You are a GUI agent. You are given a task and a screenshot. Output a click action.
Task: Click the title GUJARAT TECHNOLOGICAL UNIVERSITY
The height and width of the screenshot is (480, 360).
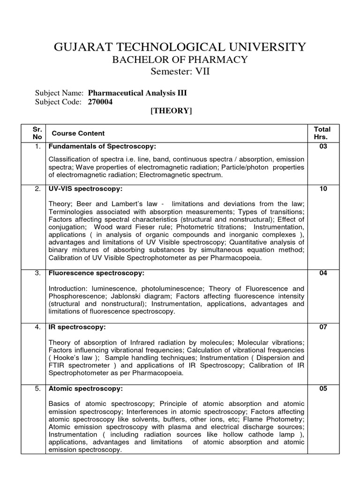coord(180,47)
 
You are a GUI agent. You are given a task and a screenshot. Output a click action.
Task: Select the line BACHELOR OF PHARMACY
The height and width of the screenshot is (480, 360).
coord(180,60)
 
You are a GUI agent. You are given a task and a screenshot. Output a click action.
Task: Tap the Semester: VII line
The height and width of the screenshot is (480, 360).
coord(180,71)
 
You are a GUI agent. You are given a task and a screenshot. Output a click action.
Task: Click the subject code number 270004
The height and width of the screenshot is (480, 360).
coord(100,102)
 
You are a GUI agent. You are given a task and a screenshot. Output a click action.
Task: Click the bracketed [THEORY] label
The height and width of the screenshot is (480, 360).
coord(171,111)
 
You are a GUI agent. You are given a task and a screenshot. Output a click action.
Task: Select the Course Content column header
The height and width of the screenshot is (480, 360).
coord(78,134)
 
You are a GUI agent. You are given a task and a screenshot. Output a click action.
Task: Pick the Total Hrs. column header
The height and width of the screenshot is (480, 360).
coord(322,133)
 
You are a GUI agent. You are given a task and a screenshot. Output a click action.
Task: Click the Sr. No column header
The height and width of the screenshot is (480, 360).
coord(37,133)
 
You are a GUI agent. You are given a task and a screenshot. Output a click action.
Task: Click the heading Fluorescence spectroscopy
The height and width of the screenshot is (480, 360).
coord(97,273)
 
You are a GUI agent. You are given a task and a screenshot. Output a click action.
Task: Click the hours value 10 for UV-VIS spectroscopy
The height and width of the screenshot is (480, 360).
coord(323,189)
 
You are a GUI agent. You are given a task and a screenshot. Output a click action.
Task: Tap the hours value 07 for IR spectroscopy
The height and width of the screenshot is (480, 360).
coord(323,327)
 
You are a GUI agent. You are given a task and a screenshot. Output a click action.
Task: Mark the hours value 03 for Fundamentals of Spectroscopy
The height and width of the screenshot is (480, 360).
coord(323,147)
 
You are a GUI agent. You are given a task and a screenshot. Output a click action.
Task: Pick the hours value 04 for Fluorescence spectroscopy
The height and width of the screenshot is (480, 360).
coord(323,273)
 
